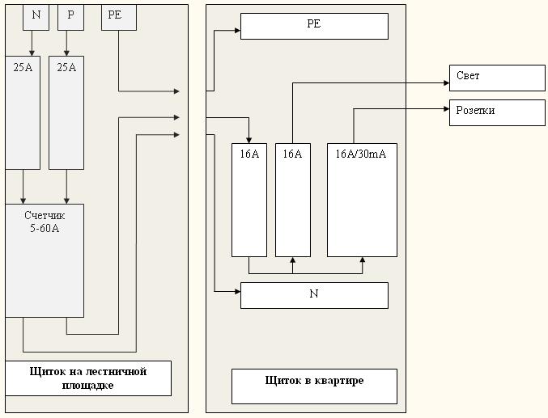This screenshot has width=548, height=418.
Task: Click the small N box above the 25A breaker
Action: tap(36, 17)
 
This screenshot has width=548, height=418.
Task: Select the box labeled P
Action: tap(70, 17)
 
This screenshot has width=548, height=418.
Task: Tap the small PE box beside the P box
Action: tap(118, 17)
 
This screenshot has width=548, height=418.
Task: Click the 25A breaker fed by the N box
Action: tap(23, 112)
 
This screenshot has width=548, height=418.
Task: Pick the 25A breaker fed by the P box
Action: tap(66, 112)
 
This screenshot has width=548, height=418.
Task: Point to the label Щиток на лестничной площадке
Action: tap(88, 378)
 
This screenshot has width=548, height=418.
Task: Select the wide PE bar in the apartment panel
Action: tap(314, 26)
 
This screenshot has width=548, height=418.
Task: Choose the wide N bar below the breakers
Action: tap(314, 295)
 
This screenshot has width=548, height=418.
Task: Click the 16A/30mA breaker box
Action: tap(362, 200)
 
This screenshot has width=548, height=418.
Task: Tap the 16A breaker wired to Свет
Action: tap(293, 200)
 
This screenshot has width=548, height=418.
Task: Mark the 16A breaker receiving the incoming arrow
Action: tap(249, 200)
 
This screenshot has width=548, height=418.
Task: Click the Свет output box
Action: tap(497, 78)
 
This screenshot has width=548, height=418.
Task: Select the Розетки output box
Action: tap(497, 112)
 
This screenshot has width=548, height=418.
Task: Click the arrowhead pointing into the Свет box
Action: tap(445, 82)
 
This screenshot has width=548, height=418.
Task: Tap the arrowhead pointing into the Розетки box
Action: tap(445, 108)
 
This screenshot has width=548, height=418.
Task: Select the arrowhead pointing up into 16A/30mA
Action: tap(363, 260)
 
